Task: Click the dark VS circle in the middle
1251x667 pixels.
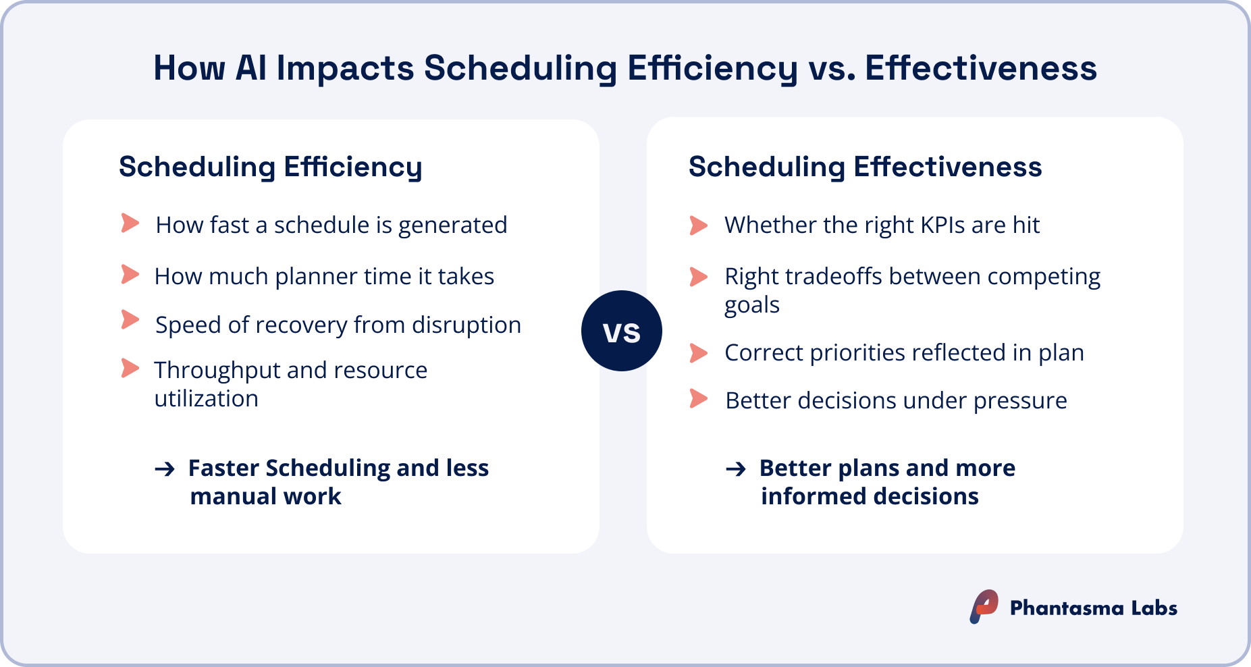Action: coord(621,331)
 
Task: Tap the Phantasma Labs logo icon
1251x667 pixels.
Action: coord(984,606)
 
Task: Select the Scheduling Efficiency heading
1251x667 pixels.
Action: coord(270,167)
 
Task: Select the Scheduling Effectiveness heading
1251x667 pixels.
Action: coord(865,167)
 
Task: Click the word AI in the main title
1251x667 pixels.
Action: coord(250,68)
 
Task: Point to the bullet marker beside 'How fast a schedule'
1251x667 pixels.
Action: coord(130,223)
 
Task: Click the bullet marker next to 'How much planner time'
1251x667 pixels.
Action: coord(130,274)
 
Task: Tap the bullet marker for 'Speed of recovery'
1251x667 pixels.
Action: coord(130,319)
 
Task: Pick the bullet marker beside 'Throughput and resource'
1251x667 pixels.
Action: coord(130,368)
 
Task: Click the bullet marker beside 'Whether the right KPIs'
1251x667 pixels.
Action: coord(698,225)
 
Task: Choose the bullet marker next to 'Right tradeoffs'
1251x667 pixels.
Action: coord(698,276)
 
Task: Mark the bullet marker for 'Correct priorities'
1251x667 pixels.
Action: coord(698,352)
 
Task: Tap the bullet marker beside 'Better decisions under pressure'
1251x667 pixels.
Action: coord(698,399)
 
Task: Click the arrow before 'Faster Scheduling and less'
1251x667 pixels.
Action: coord(165,469)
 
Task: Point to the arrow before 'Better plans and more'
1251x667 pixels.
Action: coord(736,469)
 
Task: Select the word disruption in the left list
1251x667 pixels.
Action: coord(467,325)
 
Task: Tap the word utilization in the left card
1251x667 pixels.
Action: coord(206,398)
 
